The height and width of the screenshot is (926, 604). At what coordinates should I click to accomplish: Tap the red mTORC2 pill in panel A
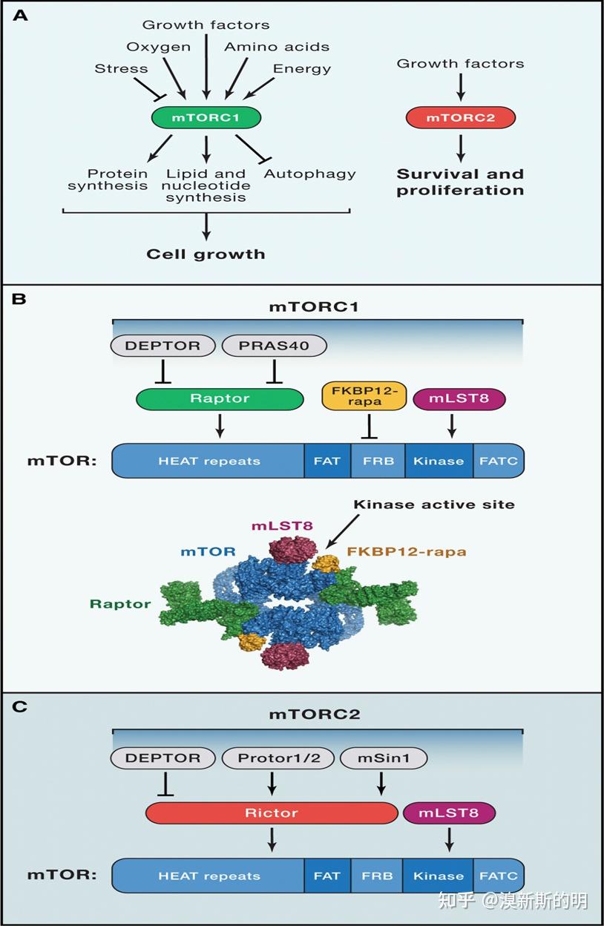click(x=460, y=117)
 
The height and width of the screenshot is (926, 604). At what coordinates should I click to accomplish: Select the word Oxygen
click(x=158, y=47)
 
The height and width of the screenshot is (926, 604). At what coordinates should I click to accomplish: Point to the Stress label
click(x=121, y=69)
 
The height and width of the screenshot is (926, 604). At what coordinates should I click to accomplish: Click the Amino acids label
click(x=277, y=47)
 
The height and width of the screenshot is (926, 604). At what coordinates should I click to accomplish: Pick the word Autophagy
click(x=309, y=174)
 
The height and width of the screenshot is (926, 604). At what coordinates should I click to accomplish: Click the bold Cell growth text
click(x=206, y=254)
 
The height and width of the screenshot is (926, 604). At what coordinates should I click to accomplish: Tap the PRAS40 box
click(x=274, y=346)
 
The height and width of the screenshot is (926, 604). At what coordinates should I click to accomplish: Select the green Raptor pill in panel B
click(x=220, y=398)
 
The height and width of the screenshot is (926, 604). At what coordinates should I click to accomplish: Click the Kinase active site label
click(x=433, y=505)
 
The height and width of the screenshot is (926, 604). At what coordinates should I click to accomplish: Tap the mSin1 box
click(x=384, y=758)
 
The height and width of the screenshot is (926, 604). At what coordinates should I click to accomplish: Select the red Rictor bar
click(x=272, y=812)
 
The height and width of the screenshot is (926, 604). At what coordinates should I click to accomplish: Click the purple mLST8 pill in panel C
click(x=448, y=812)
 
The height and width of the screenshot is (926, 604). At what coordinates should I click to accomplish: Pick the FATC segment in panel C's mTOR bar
click(x=498, y=876)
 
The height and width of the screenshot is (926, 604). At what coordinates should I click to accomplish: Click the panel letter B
click(x=19, y=299)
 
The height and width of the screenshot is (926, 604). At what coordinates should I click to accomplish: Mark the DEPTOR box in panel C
click(x=163, y=758)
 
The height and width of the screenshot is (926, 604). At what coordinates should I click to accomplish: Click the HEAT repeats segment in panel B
click(x=209, y=461)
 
